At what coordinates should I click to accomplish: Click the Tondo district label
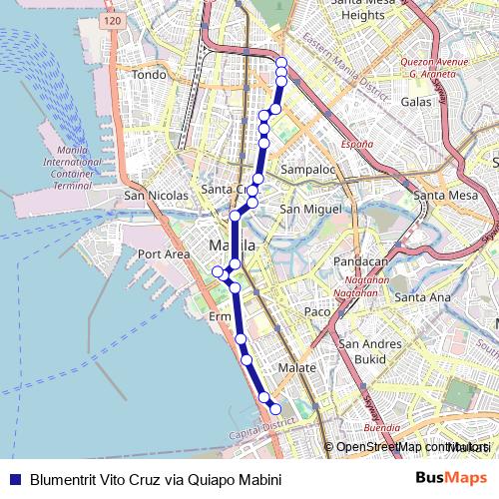tap(149, 75)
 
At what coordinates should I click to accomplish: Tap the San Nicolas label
tap(156, 196)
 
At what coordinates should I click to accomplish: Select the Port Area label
tap(164, 254)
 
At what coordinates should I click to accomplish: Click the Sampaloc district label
tap(306, 170)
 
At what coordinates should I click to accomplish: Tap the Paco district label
tap(317, 312)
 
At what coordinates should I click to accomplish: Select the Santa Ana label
tap(422, 297)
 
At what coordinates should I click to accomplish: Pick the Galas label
tap(415, 102)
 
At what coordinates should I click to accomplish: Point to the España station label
tap(357, 145)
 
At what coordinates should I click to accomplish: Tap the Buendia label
tap(381, 427)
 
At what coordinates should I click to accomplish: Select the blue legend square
tap(14, 479)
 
